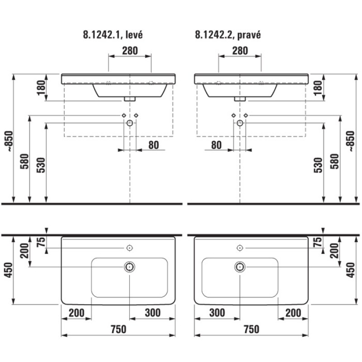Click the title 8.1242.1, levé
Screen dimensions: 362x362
point(113,35)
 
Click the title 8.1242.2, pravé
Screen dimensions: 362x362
point(228,35)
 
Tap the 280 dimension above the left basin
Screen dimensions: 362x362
point(130,51)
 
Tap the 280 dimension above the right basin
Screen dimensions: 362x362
point(240,51)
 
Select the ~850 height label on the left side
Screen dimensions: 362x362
point(10,141)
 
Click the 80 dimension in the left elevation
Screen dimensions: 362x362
point(153,145)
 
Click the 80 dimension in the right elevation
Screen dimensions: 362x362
point(216,145)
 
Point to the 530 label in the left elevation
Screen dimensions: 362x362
point(41,165)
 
